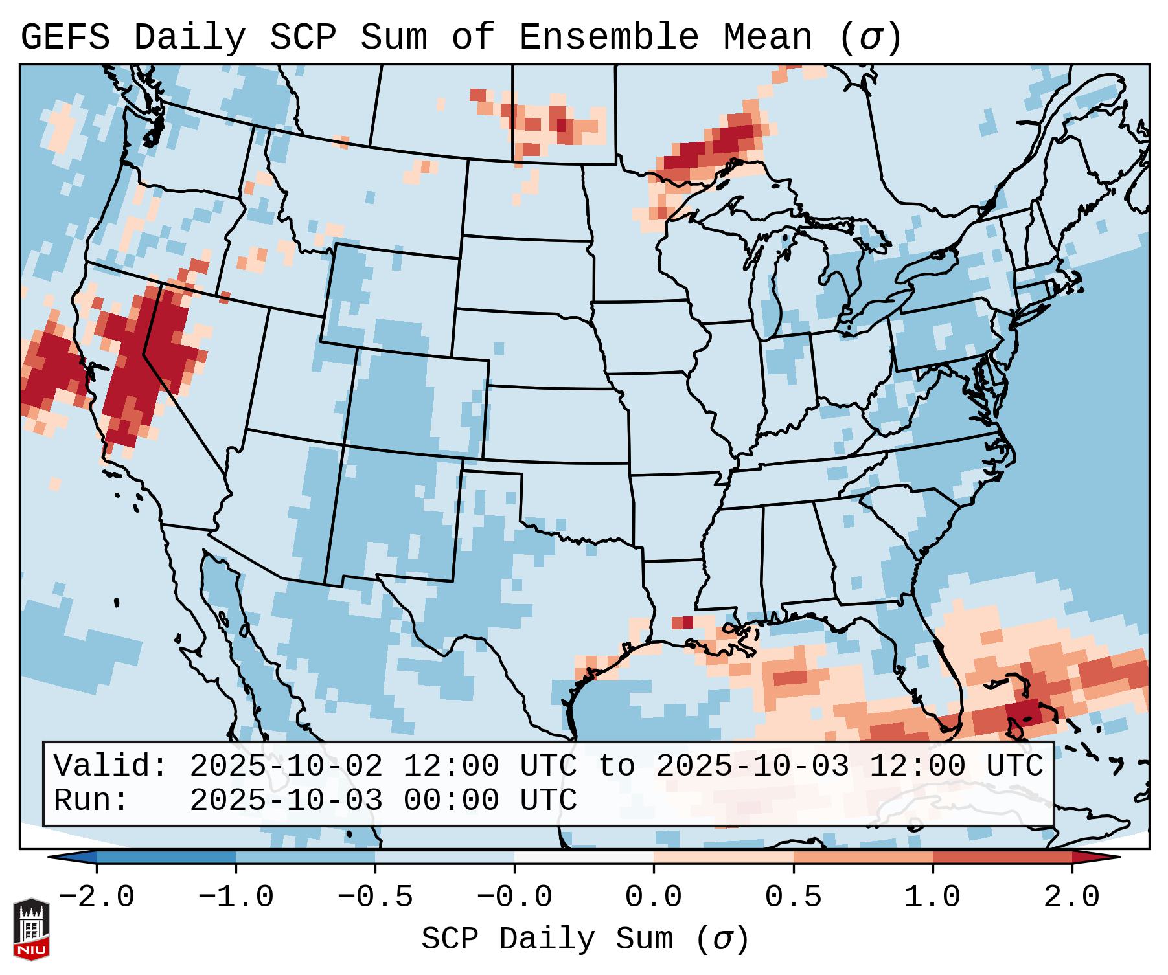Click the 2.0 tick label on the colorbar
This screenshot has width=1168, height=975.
pyautogui.click(x=1071, y=897)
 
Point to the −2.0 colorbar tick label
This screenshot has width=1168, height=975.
pyautogui.click(x=97, y=897)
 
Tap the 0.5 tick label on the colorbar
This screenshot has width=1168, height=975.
pyautogui.click(x=793, y=897)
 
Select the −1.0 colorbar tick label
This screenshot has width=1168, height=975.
pyautogui.click(x=236, y=897)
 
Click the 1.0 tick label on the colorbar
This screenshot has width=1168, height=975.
pyautogui.click(x=932, y=897)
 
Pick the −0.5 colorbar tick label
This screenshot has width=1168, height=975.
pyautogui.click(x=375, y=897)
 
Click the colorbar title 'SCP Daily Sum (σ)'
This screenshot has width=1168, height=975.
pyautogui.click(x=585, y=939)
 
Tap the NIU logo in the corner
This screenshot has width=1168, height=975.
pyautogui.click(x=31, y=928)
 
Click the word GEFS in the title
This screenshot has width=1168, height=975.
pyautogui.click(x=65, y=38)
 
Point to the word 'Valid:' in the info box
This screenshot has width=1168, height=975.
pyautogui.click(x=111, y=767)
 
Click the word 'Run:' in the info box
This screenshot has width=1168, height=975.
pyautogui.click(x=91, y=800)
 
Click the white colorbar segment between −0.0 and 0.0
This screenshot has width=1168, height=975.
pyautogui.click(x=584, y=857)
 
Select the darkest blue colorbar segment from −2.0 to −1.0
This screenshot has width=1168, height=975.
pyautogui.click(x=166, y=857)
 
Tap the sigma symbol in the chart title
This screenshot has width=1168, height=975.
pyautogui.click(x=870, y=38)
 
